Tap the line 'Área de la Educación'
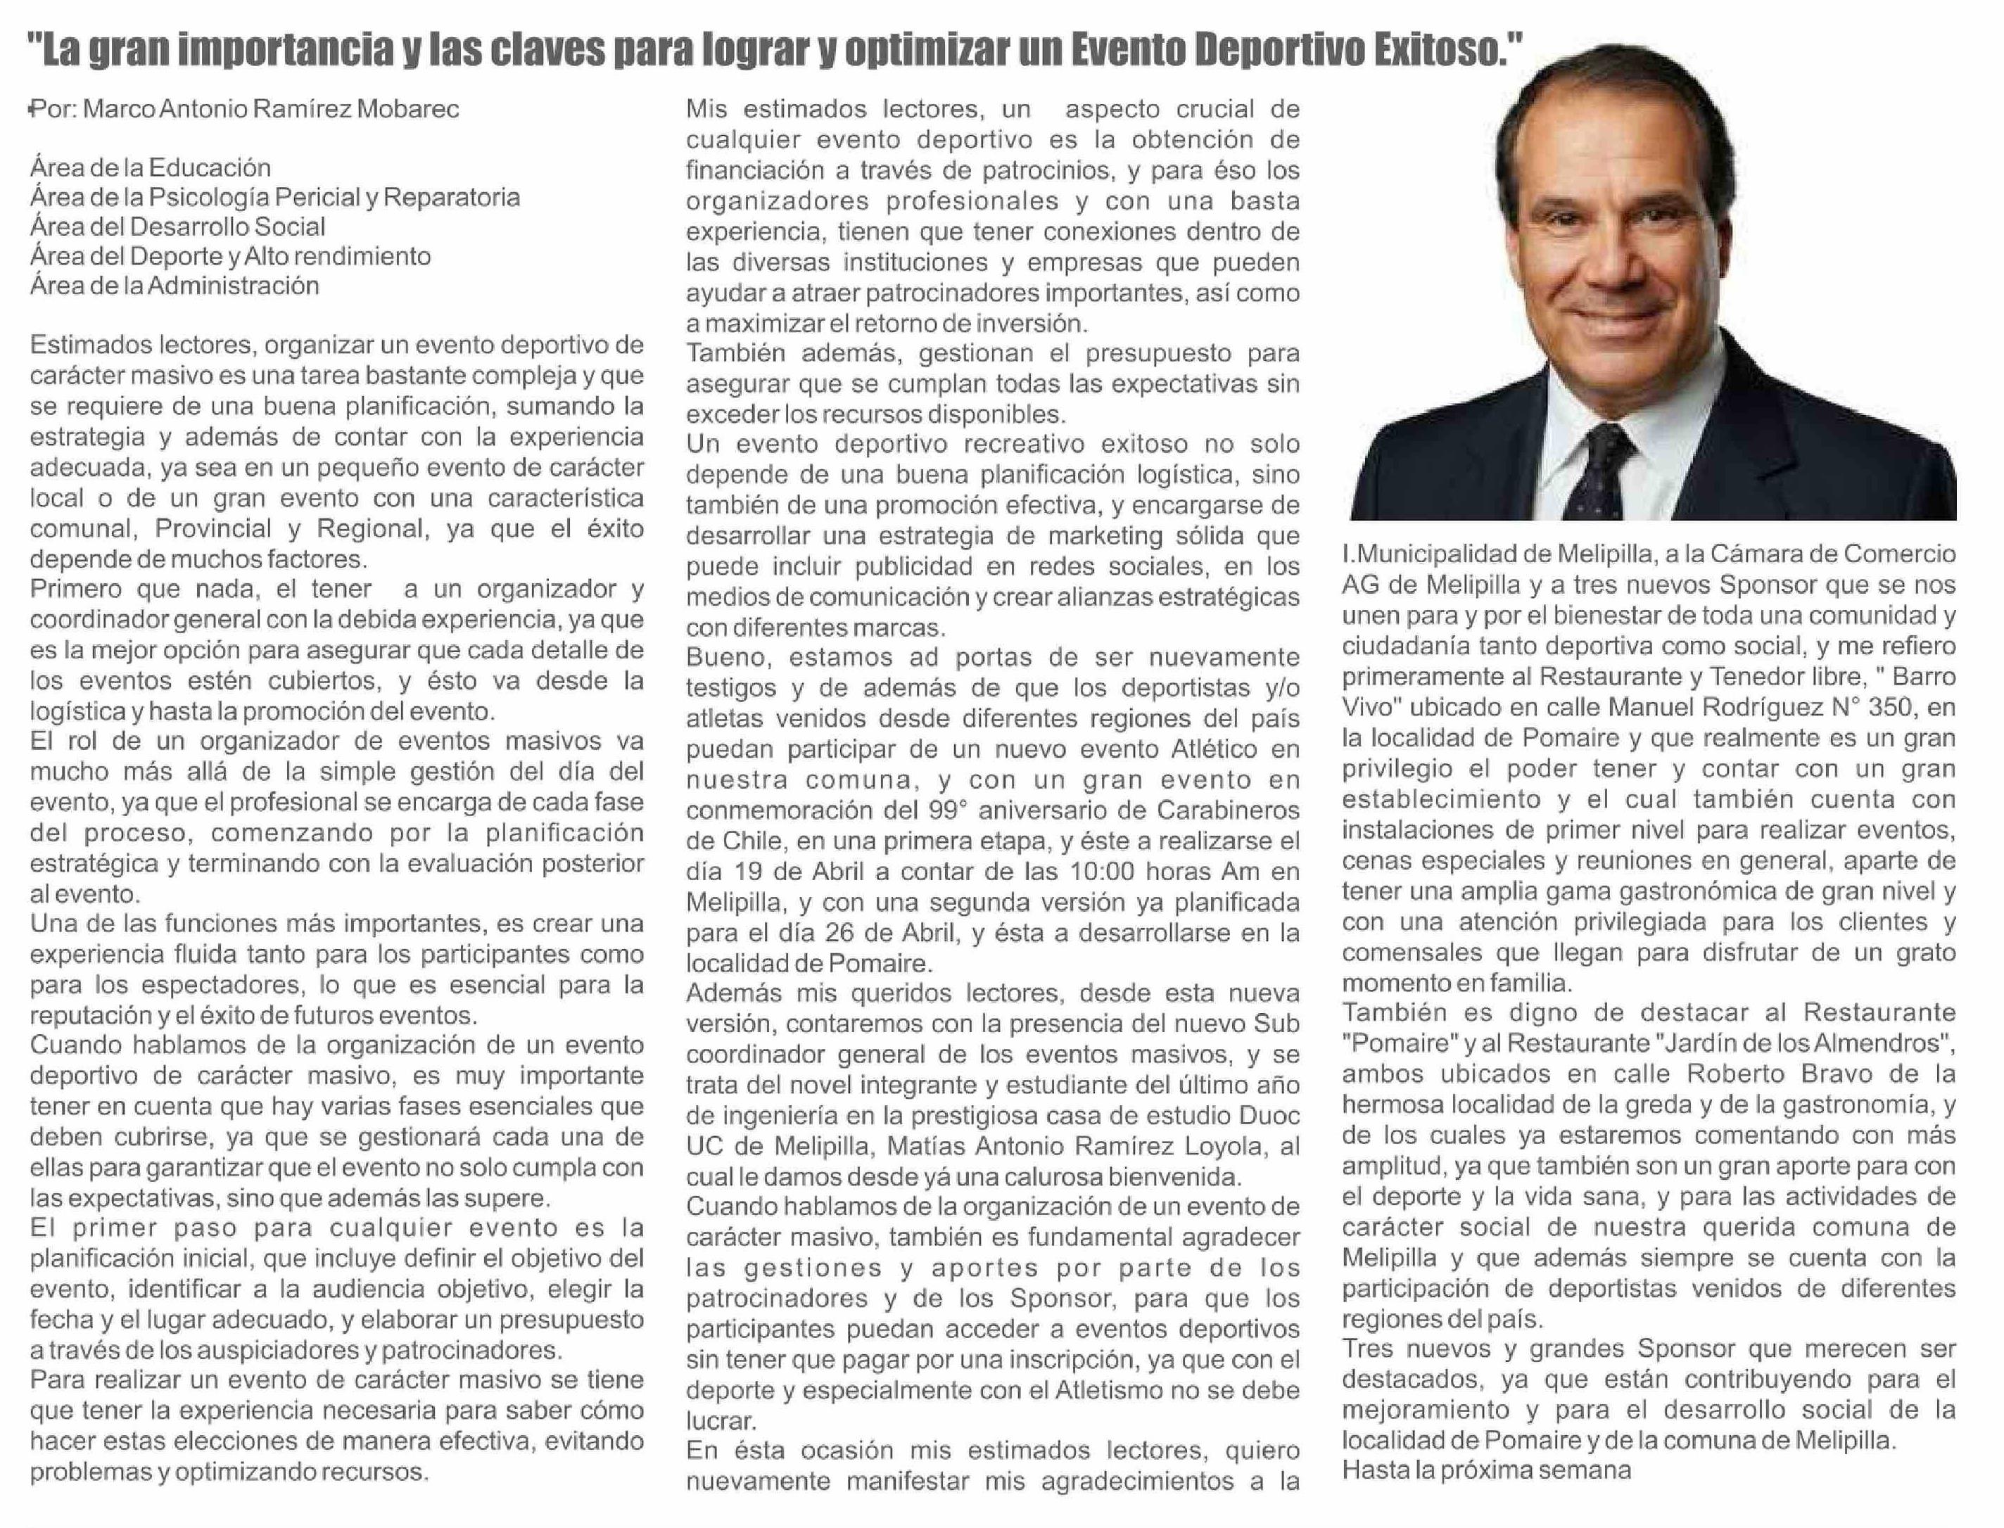point(150,167)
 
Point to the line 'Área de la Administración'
point(175,286)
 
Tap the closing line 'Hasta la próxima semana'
point(1486,1470)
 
